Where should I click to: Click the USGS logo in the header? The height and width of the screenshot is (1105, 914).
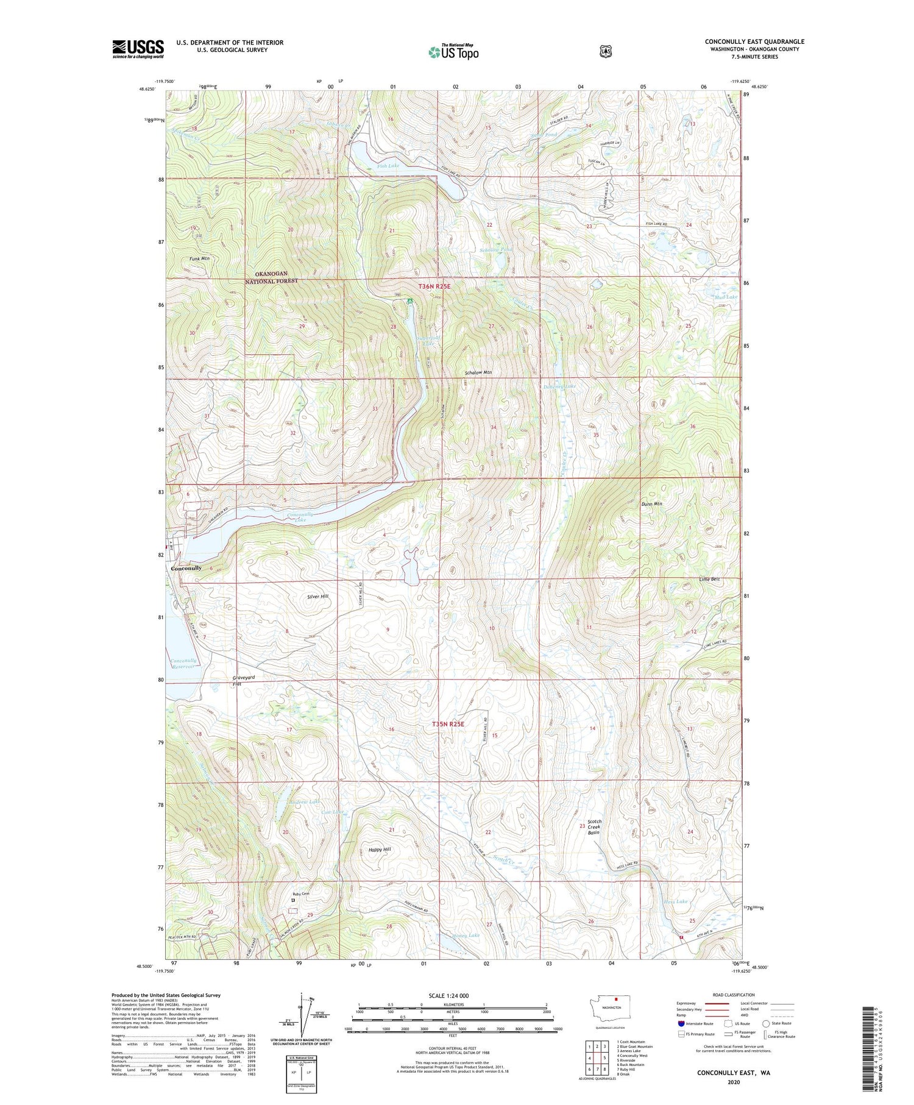pos(138,49)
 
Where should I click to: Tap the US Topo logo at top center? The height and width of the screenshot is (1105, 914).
pos(453,51)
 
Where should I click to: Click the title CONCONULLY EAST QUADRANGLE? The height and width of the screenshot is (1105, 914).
pos(754,41)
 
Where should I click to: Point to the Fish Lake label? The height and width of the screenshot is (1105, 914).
pos(388,166)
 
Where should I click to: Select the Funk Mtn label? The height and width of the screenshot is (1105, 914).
pos(199,259)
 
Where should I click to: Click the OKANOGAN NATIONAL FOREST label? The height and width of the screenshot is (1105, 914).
pos(271,277)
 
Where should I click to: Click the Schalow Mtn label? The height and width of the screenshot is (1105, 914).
pos(478,372)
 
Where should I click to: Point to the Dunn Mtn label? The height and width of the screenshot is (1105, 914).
pos(651,504)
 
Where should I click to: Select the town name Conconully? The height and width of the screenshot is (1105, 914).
pos(186,568)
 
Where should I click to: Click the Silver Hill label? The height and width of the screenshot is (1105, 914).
pos(318,596)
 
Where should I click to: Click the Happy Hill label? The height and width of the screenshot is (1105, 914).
pos(380,850)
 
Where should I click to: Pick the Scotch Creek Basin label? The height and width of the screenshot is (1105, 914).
pos(593,827)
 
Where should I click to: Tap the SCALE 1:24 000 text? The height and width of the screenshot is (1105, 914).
pos(452,995)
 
